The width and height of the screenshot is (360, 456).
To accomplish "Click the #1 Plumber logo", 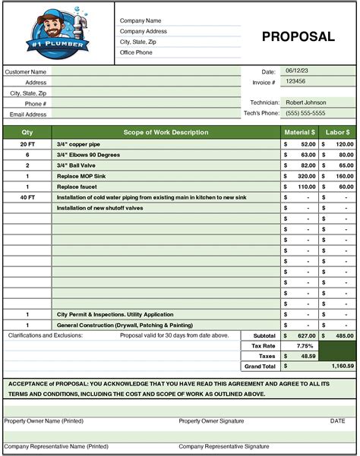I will (59, 33).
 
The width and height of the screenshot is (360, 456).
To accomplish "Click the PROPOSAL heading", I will (298, 36).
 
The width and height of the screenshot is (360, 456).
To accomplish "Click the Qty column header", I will (27, 132).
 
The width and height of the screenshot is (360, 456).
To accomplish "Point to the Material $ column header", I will (298, 132).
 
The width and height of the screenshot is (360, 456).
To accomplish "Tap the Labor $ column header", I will (336, 132).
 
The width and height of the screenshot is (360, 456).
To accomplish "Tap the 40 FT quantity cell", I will (27, 197).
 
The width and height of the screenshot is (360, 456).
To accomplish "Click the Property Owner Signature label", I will (211, 420).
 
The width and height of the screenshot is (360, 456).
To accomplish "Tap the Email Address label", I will (28, 114).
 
